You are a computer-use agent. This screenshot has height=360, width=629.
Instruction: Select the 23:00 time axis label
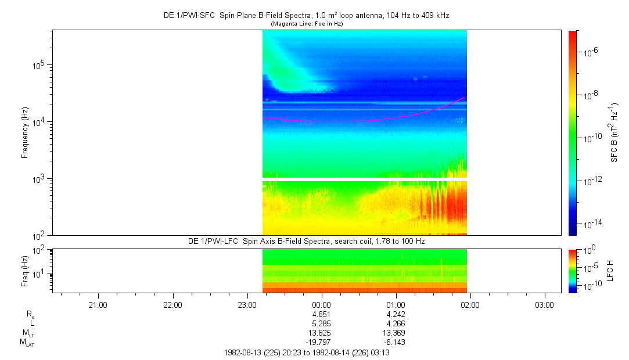tap(247, 304)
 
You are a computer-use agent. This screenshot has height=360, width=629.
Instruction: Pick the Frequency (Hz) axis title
tap(25, 133)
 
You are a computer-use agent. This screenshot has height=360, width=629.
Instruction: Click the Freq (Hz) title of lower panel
tap(25, 271)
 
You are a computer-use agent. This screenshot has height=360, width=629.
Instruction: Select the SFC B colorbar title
tap(614, 133)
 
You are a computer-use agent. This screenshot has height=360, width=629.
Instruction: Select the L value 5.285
tap(321, 324)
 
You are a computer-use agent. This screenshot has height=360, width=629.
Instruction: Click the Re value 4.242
tap(396, 314)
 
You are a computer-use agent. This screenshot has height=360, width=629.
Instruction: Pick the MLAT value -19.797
tap(321, 343)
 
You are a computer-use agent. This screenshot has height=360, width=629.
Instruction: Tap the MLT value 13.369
tap(396, 333)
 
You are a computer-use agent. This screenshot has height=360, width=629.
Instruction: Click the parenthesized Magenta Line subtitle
tap(306, 23)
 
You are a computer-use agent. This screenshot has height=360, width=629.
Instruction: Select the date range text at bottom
tap(306, 352)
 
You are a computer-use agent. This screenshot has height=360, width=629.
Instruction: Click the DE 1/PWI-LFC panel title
tap(306, 241)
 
